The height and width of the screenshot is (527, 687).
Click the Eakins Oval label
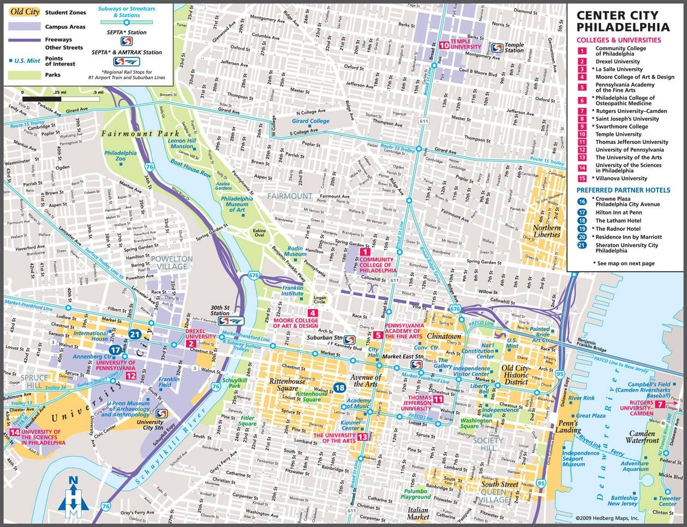click(x=259, y=233)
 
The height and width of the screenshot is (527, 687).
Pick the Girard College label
click(x=310, y=121)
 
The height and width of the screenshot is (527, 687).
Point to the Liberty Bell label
click(x=480, y=389)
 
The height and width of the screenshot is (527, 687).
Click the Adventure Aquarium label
click(x=635, y=466)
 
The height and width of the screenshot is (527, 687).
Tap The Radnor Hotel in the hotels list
click(x=618, y=229)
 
